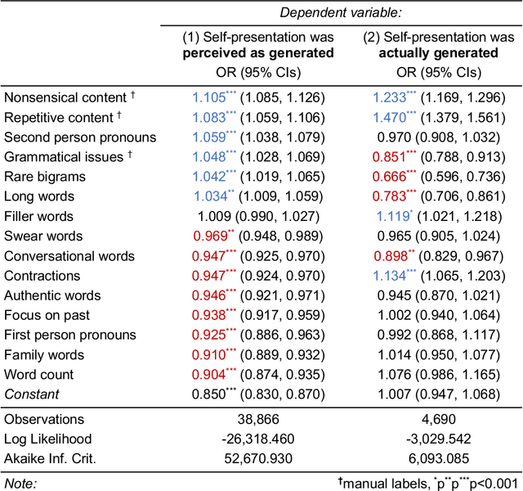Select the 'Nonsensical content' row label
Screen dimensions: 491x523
pos(65,97)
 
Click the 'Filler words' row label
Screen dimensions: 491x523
pos(38,216)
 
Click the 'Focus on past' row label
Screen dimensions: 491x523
pos(47,315)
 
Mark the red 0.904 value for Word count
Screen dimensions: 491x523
pos(211,375)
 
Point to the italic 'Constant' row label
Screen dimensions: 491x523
pos(32,394)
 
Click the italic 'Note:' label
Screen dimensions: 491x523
pos(21,482)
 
